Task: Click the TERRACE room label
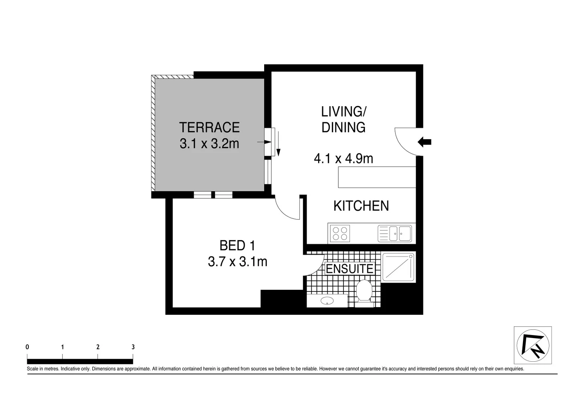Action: tap(209, 127)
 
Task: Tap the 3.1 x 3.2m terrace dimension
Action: tap(209, 144)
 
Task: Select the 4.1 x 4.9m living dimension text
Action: tap(343, 158)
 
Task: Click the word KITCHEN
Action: tap(361, 206)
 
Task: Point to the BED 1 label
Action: tap(237, 246)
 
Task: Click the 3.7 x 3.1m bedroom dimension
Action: tap(237, 262)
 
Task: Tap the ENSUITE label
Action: tap(349, 269)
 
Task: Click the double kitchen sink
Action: tap(395, 234)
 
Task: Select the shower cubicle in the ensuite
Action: tap(398, 267)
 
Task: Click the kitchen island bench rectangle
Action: tap(377, 177)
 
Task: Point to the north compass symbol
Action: tap(533, 345)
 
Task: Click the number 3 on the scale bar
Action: tap(133, 347)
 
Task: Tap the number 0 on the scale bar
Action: tap(27, 347)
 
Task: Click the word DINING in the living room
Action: tap(343, 128)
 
